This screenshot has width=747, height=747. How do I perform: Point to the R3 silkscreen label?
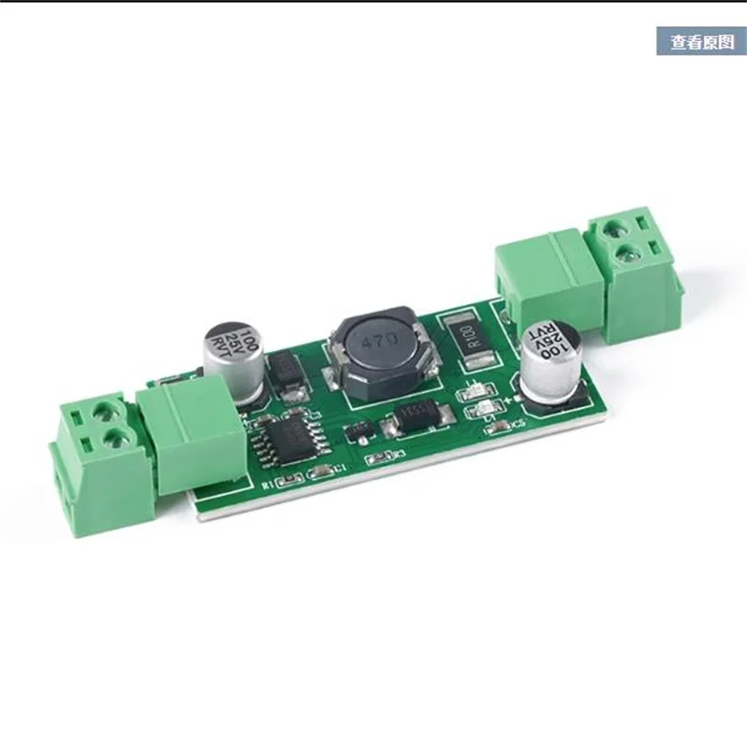[402, 455]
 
